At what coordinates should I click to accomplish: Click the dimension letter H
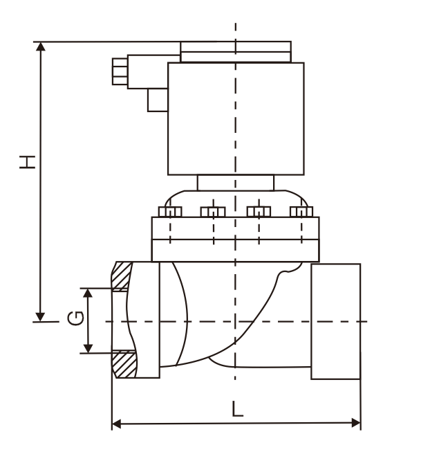27,161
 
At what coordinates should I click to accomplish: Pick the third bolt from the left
259,211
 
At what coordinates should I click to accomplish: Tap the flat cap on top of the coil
236,51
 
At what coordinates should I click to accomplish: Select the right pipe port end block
335,321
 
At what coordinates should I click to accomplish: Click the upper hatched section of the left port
123,277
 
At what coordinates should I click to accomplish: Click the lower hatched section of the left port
123,364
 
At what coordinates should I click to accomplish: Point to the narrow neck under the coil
236,182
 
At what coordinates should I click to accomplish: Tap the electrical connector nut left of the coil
120,71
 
